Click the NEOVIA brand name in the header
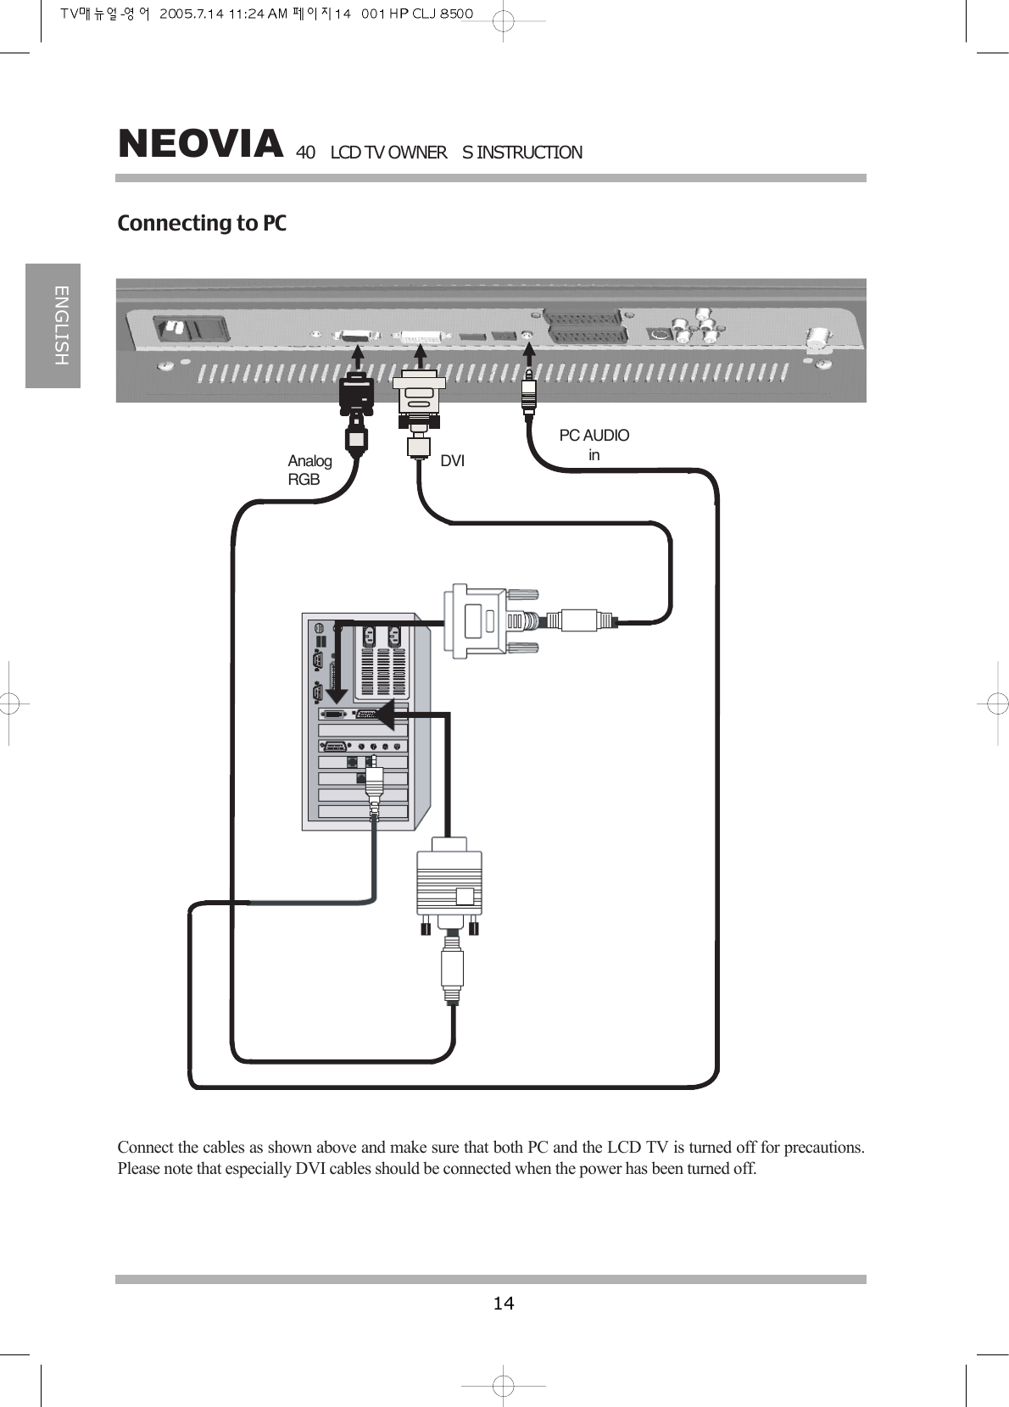tap(200, 144)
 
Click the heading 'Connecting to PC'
tap(202, 224)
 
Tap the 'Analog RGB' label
tap(309, 470)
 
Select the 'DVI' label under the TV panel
tap(452, 461)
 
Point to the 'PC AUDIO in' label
tap(594, 445)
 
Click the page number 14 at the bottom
tap(504, 1303)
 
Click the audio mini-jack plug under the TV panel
tap(529, 392)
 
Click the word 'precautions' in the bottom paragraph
tap(823, 1148)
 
